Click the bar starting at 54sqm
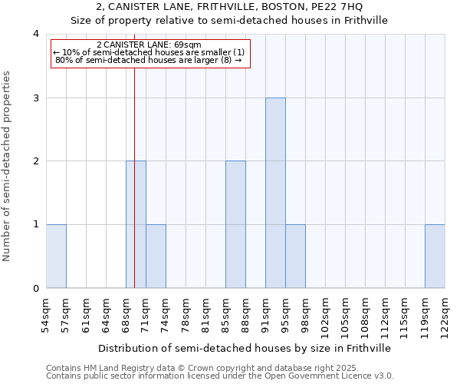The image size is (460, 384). [56, 257]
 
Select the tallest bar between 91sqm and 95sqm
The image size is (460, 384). [275, 193]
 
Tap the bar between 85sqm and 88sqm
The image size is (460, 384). [235, 224]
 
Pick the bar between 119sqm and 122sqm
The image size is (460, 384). [435, 257]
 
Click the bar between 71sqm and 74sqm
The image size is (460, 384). [156, 257]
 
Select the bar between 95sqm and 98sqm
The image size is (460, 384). [295, 257]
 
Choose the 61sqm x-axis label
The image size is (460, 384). [87, 313]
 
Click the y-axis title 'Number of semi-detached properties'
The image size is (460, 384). [8, 166]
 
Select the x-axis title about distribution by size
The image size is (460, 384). [245, 348]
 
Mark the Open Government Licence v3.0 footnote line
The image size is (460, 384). [220, 376]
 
